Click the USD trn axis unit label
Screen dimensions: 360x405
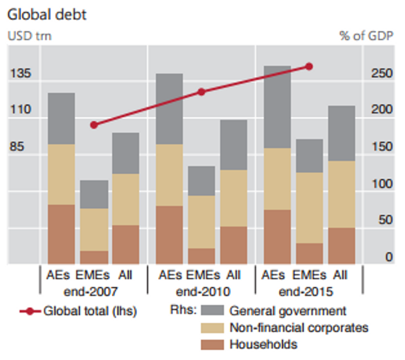point(29,35)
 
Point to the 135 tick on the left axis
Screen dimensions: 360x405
point(20,74)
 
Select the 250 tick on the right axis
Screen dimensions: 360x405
point(382,74)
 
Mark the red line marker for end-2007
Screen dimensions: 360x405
point(94,125)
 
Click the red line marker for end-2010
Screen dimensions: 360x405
point(201,92)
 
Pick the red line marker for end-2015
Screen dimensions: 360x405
point(309,66)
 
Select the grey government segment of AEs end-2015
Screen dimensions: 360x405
point(277,107)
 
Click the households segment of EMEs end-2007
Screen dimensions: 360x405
point(93,257)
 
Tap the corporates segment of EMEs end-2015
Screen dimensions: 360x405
point(309,208)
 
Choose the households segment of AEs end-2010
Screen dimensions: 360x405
point(169,235)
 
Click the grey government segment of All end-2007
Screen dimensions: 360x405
point(125,153)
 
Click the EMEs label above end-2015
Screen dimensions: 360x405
point(309,275)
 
